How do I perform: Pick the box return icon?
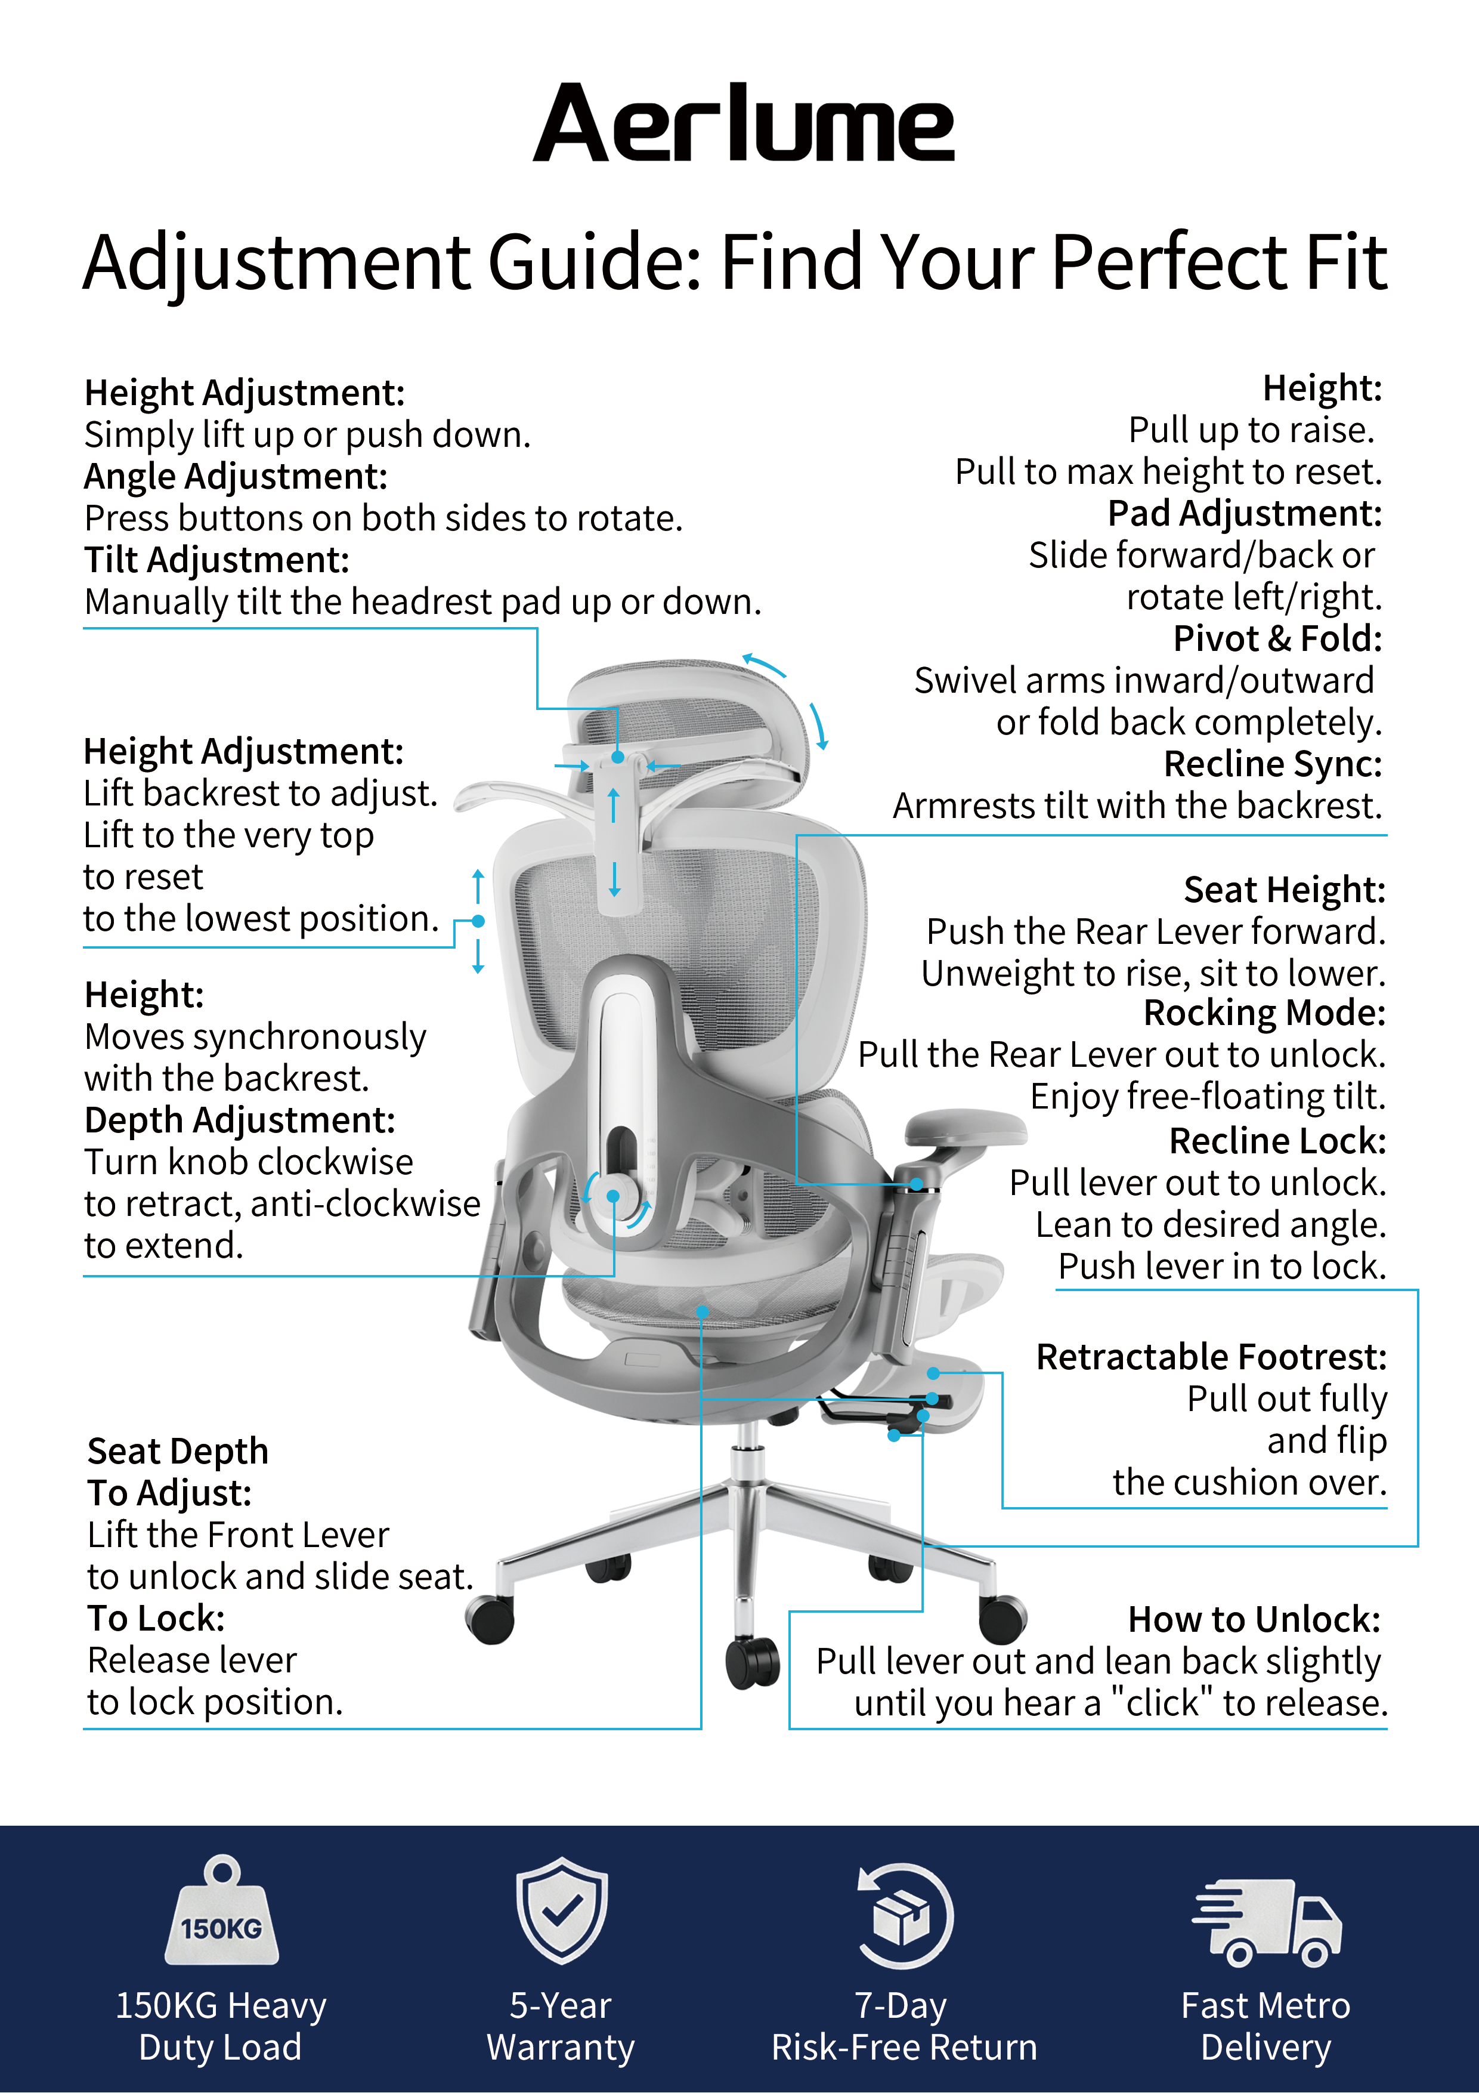[903, 1915]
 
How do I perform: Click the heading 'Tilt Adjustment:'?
[217, 560]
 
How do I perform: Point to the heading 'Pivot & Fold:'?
[1277, 638]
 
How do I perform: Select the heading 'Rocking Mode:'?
[1264, 1012]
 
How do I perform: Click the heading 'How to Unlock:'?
[1254, 1619]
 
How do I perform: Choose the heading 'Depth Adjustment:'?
[240, 1120]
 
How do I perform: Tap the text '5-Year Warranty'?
[561, 2026]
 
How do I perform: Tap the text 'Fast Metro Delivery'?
[1265, 2026]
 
